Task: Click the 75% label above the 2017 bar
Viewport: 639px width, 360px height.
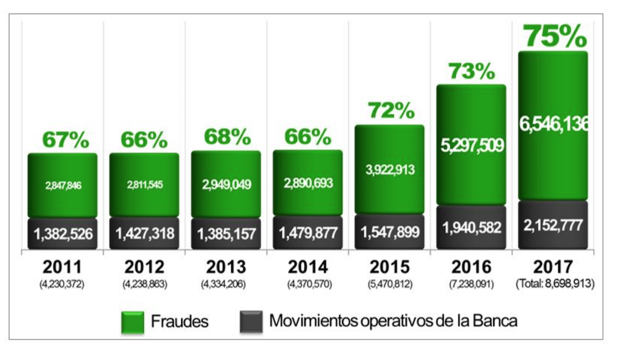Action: coord(555,37)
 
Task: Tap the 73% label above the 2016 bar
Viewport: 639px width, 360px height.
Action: coord(471,71)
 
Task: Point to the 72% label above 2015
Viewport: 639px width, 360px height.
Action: coord(390,110)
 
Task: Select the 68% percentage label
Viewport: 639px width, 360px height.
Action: coord(227,137)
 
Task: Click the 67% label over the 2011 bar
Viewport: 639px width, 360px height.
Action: coord(65,140)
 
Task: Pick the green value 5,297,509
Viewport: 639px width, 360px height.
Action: coord(471,146)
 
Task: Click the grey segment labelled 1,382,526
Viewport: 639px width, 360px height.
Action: coord(63,234)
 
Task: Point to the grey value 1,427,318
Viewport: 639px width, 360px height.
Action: coord(144,234)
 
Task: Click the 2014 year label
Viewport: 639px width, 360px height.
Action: coord(307,267)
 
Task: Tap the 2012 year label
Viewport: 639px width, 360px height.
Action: coord(144,267)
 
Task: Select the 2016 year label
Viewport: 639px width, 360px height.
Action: coord(471,267)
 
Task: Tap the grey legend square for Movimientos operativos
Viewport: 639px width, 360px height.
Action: coord(251,321)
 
